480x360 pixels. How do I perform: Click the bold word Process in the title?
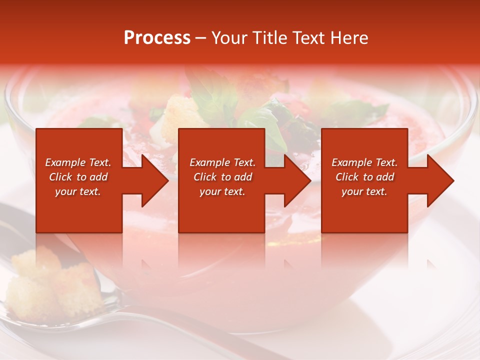157,38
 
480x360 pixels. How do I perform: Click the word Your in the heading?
230,38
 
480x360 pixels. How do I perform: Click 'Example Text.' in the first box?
78,162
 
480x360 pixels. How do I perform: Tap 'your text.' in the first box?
78,191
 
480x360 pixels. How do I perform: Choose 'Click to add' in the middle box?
222,177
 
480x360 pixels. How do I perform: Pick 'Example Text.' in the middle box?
222,162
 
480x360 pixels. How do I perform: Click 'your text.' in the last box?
364,191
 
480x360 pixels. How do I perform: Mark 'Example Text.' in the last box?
364,162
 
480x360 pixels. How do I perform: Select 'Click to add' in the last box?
364,177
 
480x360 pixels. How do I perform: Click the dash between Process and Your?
201,38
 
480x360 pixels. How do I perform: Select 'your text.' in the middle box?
222,191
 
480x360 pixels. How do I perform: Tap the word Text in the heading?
309,38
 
